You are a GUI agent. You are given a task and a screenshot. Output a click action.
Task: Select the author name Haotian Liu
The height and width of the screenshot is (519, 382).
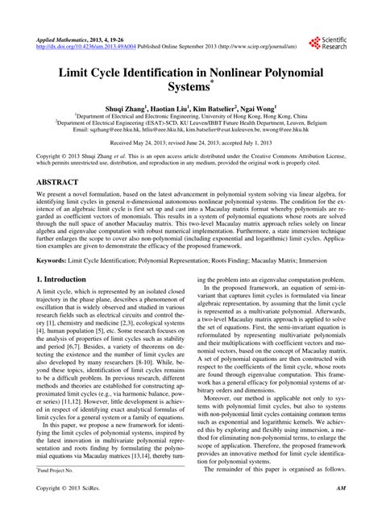pyautogui.click(x=167, y=108)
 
